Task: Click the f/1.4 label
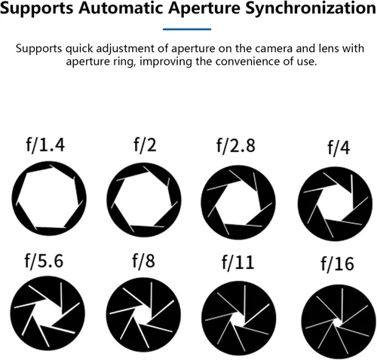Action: click(45, 145)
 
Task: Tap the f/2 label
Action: click(145, 145)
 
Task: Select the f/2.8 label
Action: click(236, 145)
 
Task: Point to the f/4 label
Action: click(339, 148)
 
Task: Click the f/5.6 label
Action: click(44, 261)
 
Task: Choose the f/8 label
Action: click(144, 261)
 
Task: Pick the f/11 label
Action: click(238, 262)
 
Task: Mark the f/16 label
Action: click(338, 264)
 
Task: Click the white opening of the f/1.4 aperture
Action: click(49, 198)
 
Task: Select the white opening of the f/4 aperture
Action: click(336, 204)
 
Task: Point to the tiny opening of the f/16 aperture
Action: click(337, 322)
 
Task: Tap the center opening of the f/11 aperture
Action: click(238, 319)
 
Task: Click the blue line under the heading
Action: click(187, 29)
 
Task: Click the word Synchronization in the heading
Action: click(311, 8)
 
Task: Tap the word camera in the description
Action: click(274, 48)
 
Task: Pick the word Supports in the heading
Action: click(37, 9)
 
